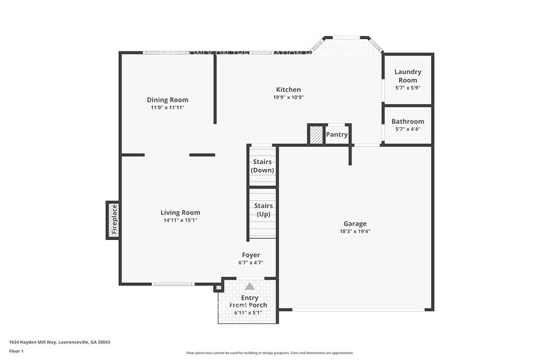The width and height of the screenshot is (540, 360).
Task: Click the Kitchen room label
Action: click(x=288, y=89)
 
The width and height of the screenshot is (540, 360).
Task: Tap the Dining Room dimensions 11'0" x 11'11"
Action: click(x=167, y=107)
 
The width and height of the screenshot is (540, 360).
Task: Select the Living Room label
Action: click(x=180, y=212)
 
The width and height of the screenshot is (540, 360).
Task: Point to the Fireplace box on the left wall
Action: click(x=113, y=220)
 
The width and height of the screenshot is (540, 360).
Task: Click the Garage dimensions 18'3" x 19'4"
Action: click(x=354, y=231)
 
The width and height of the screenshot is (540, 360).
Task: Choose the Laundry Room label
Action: click(x=407, y=76)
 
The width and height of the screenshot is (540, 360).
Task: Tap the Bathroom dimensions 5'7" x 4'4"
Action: click(x=407, y=129)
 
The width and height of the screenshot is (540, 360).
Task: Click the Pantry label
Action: click(x=337, y=135)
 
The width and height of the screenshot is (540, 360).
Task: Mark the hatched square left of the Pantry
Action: click(x=315, y=135)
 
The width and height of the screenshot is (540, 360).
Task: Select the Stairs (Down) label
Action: click(x=263, y=166)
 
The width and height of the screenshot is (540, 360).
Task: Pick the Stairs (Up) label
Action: click(x=263, y=210)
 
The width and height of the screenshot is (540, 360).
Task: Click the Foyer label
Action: click(x=250, y=255)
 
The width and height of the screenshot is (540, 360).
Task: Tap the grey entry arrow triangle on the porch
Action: click(x=249, y=286)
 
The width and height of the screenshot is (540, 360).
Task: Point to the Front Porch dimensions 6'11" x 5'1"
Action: click(x=248, y=313)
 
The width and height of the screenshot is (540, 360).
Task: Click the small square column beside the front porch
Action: click(x=218, y=288)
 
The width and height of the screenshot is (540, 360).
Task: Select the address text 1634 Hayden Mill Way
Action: click(x=59, y=342)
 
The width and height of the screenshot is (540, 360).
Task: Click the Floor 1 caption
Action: click(x=17, y=351)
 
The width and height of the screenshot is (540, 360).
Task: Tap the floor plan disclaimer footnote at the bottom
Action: click(x=269, y=353)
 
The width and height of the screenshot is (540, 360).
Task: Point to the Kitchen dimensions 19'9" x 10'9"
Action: click(x=288, y=97)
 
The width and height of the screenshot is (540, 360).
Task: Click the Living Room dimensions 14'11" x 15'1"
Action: click(x=180, y=220)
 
